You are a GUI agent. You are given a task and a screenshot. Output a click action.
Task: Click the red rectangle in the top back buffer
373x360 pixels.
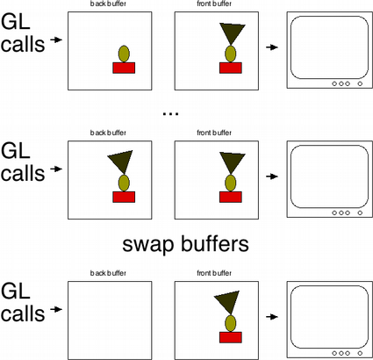124,68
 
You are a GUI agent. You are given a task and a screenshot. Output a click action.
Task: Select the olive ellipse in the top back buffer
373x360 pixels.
124,54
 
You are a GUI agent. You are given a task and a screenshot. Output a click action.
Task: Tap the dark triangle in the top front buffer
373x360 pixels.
232,33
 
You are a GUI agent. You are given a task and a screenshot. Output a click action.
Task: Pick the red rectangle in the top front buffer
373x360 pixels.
231,68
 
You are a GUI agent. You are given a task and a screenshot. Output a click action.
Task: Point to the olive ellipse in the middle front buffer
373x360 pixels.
231,183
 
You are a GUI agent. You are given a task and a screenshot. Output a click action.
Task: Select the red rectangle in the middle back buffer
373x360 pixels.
124,197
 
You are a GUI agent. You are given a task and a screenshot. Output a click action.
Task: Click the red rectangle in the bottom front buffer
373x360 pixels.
231,337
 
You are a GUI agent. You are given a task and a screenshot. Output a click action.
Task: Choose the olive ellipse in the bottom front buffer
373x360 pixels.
231,323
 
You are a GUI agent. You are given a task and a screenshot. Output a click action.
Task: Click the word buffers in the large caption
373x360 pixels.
215,243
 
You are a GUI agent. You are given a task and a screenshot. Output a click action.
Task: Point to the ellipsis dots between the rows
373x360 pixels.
170,113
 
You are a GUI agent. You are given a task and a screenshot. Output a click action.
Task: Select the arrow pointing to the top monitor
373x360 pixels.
272,47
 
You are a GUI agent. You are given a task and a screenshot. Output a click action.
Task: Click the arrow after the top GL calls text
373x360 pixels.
56,40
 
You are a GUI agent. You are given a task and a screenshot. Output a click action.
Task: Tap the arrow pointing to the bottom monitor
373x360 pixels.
272,317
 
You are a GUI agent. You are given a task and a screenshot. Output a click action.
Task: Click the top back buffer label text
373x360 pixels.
108,4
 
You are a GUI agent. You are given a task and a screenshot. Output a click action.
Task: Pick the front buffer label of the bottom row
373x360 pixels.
214,273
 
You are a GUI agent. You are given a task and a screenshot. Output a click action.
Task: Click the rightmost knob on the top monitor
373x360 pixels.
360,83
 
